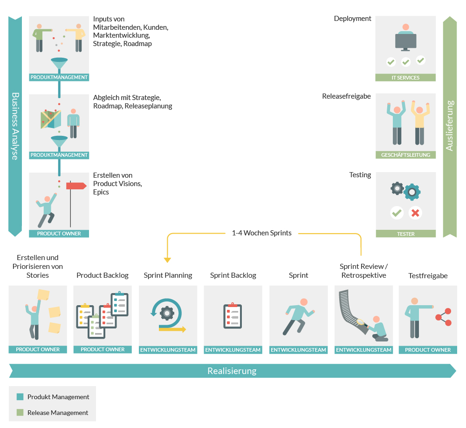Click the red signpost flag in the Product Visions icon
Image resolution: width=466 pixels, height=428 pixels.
pyautogui.click(x=76, y=186)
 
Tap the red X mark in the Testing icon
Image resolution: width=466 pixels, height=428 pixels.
pyautogui.click(x=415, y=213)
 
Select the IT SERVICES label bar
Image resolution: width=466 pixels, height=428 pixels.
pyautogui.click(x=405, y=78)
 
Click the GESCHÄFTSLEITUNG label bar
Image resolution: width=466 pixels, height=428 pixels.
pyautogui.click(x=405, y=155)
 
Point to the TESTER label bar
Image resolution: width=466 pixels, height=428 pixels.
pyautogui.click(x=405, y=234)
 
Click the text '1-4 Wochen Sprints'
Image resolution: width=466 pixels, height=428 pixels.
pyautogui.click(x=261, y=233)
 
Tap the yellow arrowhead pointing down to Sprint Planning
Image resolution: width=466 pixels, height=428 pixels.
pyautogui.click(x=167, y=260)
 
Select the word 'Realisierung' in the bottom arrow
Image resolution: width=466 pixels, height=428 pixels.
pyautogui.click(x=232, y=371)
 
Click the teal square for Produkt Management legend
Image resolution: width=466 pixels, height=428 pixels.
pyautogui.click(x=20, y=397)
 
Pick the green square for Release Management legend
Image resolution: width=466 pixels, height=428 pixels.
pyautogui.click(x=20, y=413)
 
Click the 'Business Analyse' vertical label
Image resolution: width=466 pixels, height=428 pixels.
pyautogui.click(x=15, y=126)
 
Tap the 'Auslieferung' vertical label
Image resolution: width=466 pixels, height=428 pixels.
pyautogui.click(x=449, y=126)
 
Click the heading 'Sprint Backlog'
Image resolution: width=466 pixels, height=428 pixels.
pyautogui.click(x=233, y=275)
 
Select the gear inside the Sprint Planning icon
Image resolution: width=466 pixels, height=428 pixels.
pyautogui.click(x=167, y=313)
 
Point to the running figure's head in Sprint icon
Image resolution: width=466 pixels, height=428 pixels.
pyautogui.click(x=304, y=302)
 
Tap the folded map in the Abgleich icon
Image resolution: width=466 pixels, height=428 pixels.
pyautogui.click(x=50, y=120)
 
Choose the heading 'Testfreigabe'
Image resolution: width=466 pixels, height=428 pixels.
pyautogui.click(x=428, y=276)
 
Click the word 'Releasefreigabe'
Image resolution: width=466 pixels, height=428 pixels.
pyautogui.click(x=346, y=96)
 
